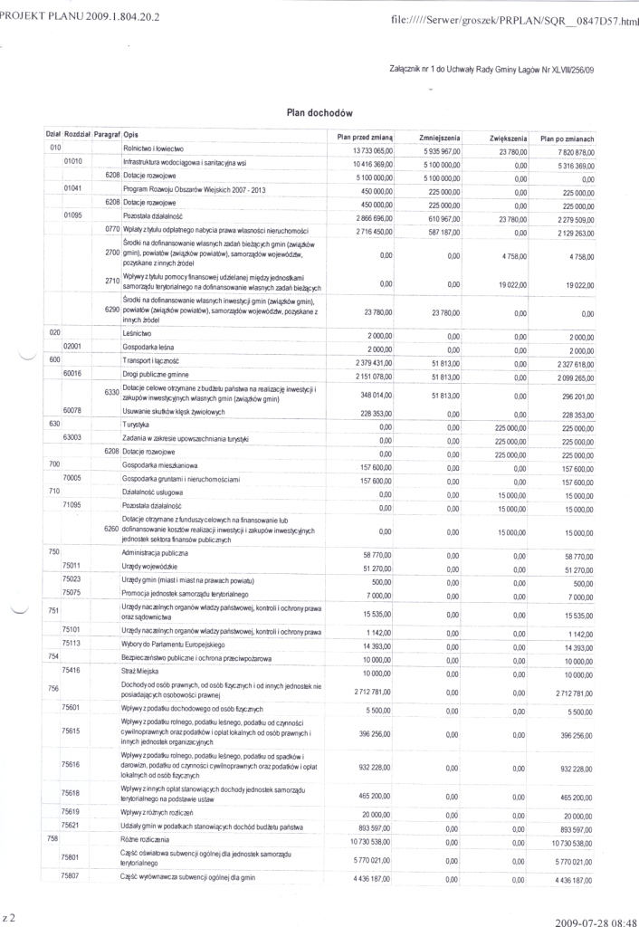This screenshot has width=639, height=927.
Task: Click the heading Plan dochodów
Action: pos(319,113)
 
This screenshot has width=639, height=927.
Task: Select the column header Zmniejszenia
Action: pos(441,137)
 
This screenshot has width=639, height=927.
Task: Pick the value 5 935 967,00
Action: pos(442,150)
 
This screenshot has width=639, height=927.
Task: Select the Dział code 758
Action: pos(52,837)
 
